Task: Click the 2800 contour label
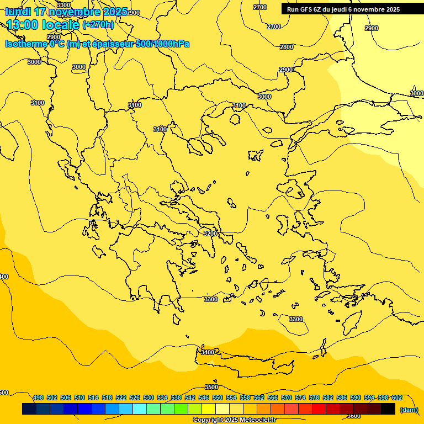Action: pyautogui.click(x=287, y=47)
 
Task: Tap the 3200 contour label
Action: pyautogui.click(x=210, y=234)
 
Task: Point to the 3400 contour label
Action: pyautogui.click(x=208, y=352)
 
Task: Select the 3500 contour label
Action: pyautogui.click(x=211, y=387)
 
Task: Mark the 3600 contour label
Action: pyautogui.click(x=354, y=416)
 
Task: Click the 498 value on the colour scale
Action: pyautogui.click(x=38, y=397)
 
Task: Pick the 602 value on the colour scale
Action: pyautogui.click(x=396, y=397)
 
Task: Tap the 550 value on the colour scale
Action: pyautogui.click(x=218, y=397)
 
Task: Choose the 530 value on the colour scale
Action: pyautogui.click(x=149, y=397)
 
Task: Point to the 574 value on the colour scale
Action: pyautogui.click(x=300, y=397)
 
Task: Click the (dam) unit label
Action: pyautogui.click(x=409, y=409)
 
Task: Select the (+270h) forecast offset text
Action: pyautogui.click(x=98, y=24)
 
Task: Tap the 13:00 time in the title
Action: pyautogui.click(x=25, y=25)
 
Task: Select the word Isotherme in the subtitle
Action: pyautogui.click(x=26, y=44)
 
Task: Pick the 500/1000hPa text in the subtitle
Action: pyautogui.click(x=162, y=44)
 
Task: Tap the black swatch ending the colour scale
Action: pyautogui.click(x=388, y=409)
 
